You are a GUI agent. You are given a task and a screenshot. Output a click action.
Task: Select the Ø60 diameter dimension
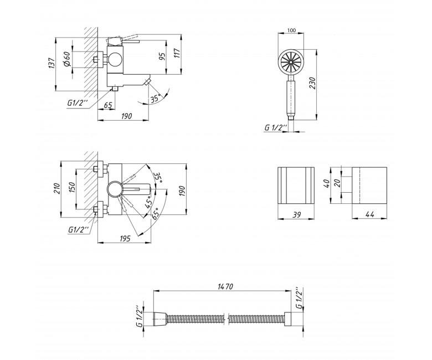(68, 59)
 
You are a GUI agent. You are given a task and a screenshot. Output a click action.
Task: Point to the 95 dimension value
(162, 56)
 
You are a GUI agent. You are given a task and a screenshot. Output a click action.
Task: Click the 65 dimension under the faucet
(108, 105)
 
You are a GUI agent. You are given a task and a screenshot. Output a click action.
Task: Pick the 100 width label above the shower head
(291, 30)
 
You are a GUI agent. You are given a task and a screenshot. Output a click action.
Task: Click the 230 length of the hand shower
(312, 83)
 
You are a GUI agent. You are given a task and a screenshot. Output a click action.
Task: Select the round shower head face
(291, 63)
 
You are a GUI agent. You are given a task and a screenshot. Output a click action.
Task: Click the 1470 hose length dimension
(225, 286)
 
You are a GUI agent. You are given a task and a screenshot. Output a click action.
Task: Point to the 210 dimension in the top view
(57, 188)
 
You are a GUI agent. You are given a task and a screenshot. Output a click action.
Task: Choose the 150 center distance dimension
(71, 188)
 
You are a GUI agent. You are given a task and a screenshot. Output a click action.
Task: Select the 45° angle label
(149, 202)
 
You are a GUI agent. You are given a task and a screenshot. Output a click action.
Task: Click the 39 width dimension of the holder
(296, 215)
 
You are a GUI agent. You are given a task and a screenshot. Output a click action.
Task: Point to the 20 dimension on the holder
(337, 183)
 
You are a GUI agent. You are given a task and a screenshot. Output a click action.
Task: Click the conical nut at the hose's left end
(160, 320)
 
